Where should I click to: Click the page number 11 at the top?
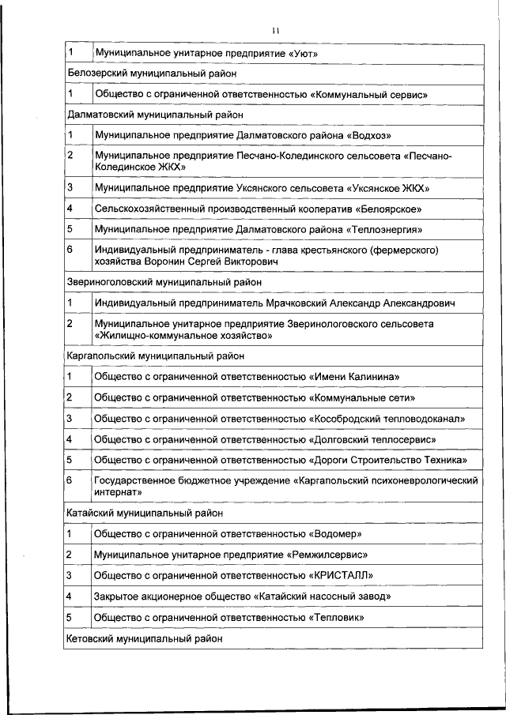pos(274,31)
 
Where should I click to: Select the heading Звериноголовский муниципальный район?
pos(164,281)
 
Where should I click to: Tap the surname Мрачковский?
pos(295,303)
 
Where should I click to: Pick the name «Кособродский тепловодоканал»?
pos(387,418)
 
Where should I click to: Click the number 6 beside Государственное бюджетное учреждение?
pos(70,480)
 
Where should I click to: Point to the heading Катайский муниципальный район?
pos(145,512)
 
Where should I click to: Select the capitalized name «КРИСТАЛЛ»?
pos(341,575)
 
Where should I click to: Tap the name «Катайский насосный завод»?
pos(322,596)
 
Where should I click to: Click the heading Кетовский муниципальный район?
pos(145,638)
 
